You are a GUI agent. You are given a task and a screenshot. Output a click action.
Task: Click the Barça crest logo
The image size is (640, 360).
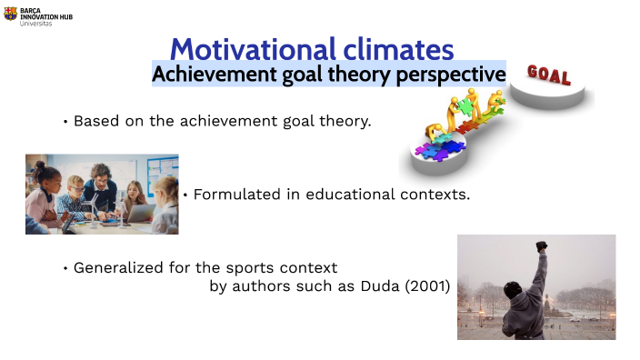[x=10, y=14]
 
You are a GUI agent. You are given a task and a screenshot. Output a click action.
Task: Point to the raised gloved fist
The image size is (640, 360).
[x=543, y=245]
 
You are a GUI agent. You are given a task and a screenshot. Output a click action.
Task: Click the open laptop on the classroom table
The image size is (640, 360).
[x=140, y=213]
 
